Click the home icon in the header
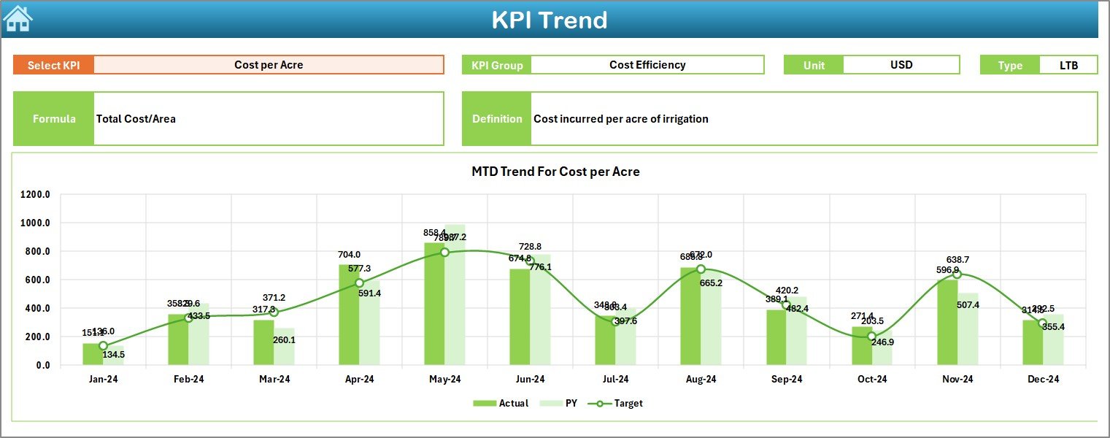[18, 18]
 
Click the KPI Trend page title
[549, 20]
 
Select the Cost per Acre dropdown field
[269, 65]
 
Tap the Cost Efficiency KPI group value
[647, 65]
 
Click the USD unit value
[901, 65]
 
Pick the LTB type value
[1068, 65]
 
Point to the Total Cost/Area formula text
[136, 119]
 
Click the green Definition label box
[496, 119]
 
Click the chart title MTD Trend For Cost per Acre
[555, 172]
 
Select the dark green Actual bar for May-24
[434, 307]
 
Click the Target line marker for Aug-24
[701, 269]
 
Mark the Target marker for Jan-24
[103, 346]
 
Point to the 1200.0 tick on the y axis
[35, 195]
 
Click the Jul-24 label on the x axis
[615, 380]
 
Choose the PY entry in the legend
[563, 403]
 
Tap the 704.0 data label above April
[349, 255]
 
